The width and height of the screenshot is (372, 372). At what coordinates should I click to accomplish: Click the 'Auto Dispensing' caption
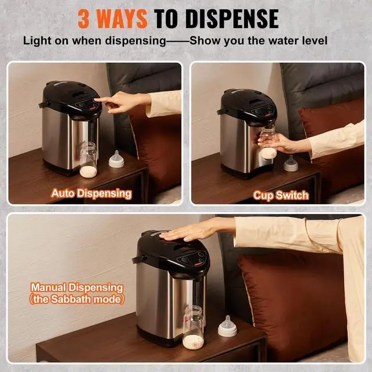click(91, 193)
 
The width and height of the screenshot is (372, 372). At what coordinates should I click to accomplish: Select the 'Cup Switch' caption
click(281, 195)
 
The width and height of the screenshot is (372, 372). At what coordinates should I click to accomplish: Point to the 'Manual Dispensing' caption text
click(77, 287)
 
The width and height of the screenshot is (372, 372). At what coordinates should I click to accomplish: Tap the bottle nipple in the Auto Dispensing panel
click(117, 159)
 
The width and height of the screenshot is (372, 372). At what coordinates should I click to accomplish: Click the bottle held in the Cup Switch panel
click(268, 143)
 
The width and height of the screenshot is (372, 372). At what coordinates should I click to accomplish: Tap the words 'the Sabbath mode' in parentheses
click(77, 299)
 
